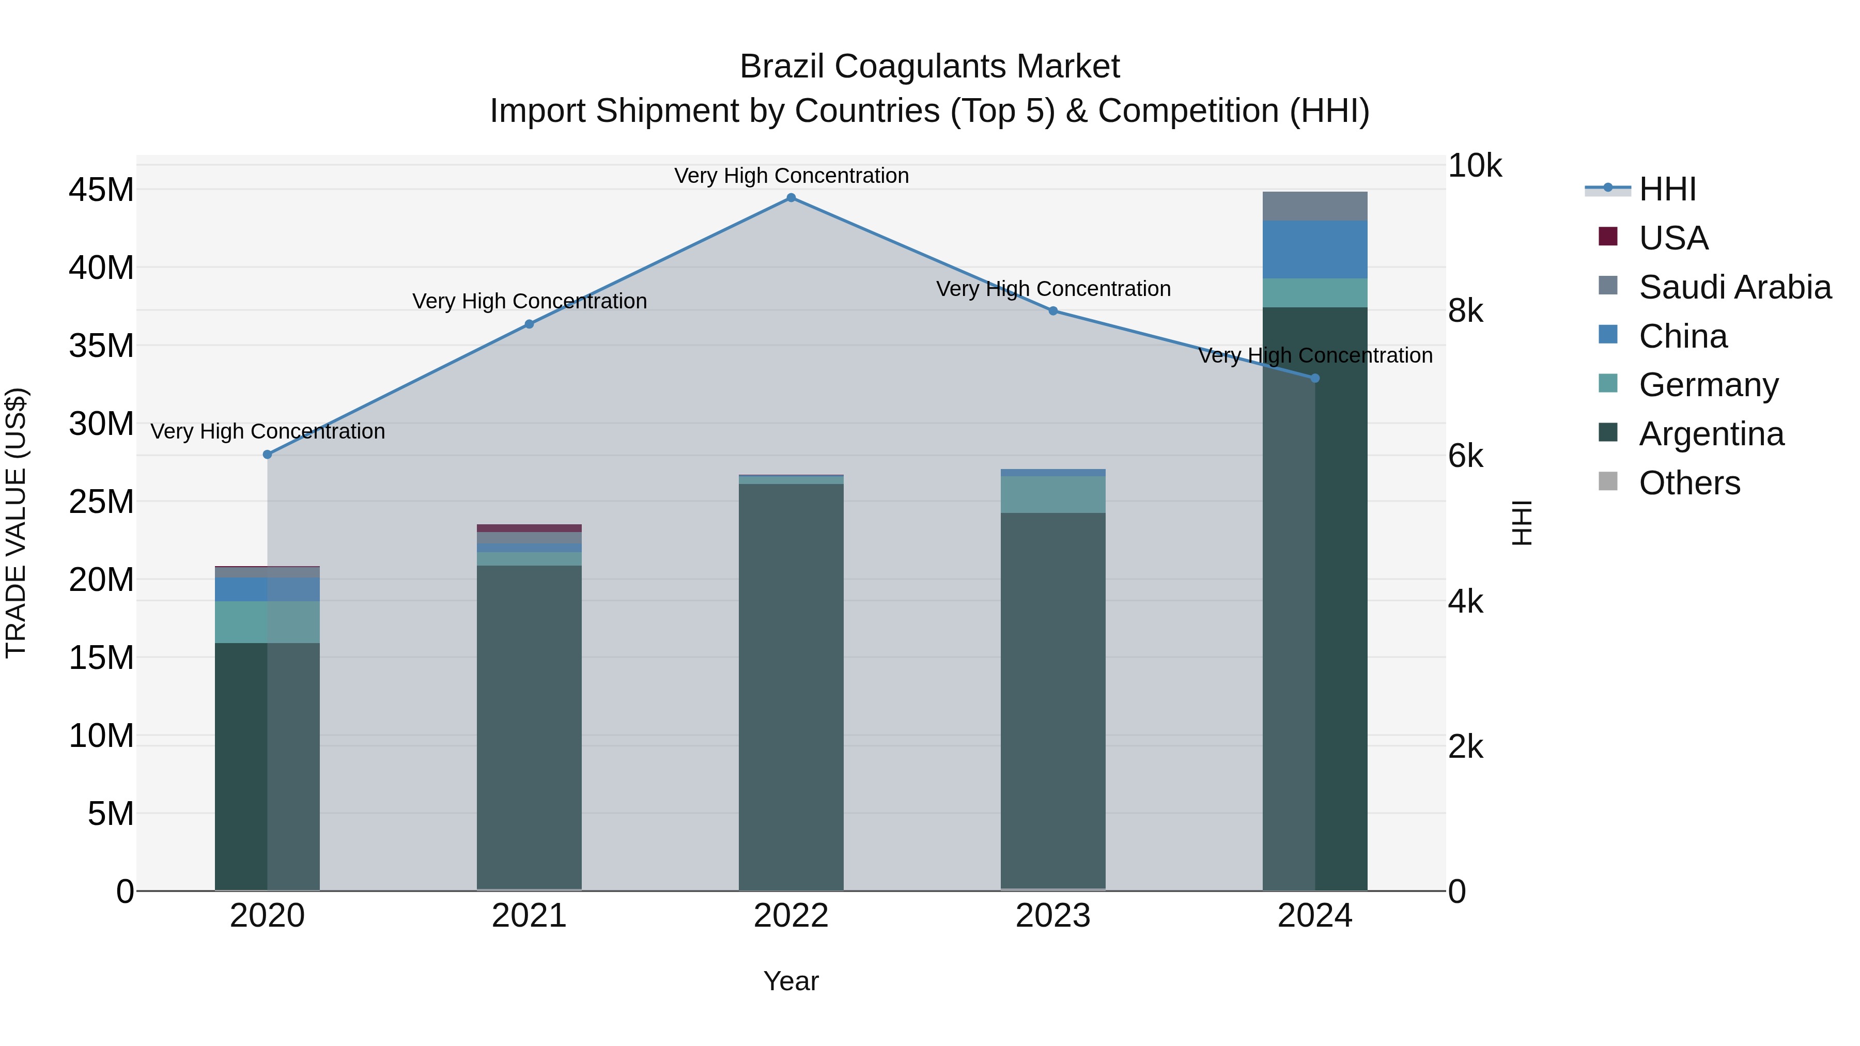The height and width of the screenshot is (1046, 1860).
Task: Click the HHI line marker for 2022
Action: pos(791,198)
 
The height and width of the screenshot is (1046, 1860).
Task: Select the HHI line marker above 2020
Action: pos(267,455)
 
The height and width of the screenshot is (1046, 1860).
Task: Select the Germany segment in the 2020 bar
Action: pos(267,622)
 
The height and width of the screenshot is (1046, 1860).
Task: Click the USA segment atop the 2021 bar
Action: pos(529,528)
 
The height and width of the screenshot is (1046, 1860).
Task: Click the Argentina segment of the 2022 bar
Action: pos(791,686)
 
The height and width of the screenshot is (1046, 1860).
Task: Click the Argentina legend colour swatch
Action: pos(1608,432)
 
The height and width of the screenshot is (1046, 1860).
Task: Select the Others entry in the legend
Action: pos(1690,483)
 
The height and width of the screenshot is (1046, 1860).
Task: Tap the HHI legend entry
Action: pos(1667,189)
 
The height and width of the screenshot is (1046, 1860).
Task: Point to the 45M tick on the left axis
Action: pos(101,191)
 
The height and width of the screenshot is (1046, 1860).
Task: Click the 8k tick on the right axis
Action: pos(1466,311)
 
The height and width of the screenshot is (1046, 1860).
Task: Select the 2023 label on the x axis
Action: pos(1053,916)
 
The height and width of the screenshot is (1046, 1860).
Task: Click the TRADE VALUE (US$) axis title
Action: pos(17,523)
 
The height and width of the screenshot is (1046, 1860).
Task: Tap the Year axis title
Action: pos(791,981)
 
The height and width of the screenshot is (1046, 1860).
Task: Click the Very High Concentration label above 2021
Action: pos(529,301)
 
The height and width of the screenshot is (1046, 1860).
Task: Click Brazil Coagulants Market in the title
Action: pos(929,67)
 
